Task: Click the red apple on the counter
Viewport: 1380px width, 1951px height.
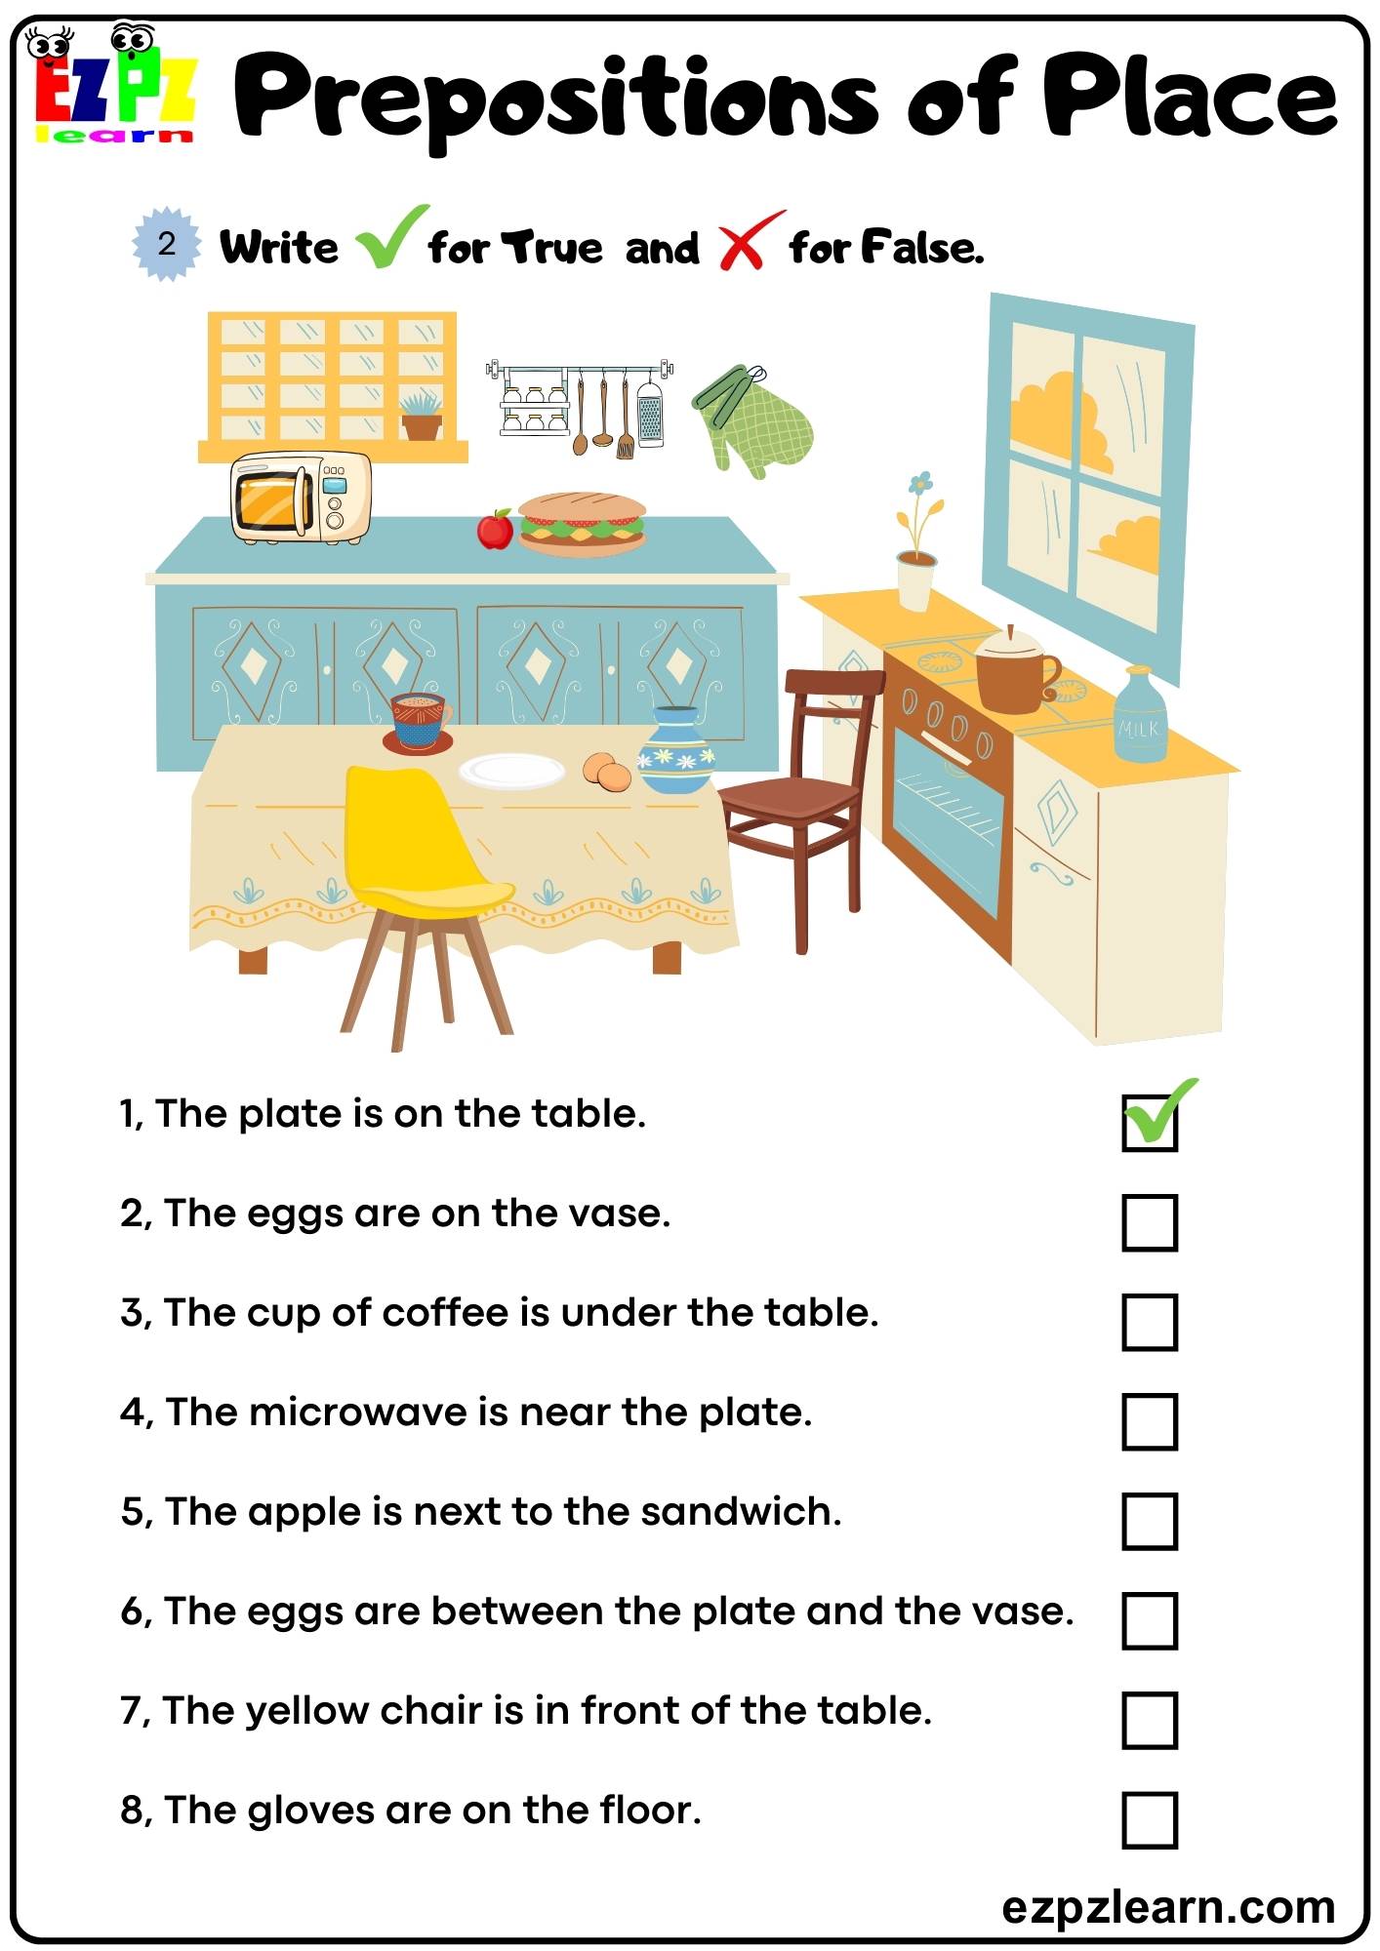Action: point(495,530)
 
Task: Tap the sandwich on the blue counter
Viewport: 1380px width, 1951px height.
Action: point(582,524)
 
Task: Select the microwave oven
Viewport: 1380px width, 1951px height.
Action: point(301,498)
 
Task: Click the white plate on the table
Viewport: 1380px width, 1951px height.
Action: point(512,771)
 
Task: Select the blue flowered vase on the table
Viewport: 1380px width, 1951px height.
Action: point(676,751)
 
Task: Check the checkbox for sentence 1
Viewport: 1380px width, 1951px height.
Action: point(1150,1123)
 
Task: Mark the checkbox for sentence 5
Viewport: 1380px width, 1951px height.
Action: point(1150,1521)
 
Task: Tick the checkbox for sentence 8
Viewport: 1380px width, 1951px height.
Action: point(1150,1819)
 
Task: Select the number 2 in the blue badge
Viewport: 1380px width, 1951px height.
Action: point(167,244)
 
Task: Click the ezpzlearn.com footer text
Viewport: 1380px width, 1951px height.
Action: point(1168,1907)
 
